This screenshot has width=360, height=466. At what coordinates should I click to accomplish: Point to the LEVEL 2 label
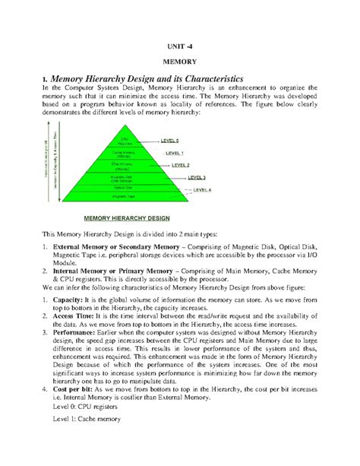(180, 164)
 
